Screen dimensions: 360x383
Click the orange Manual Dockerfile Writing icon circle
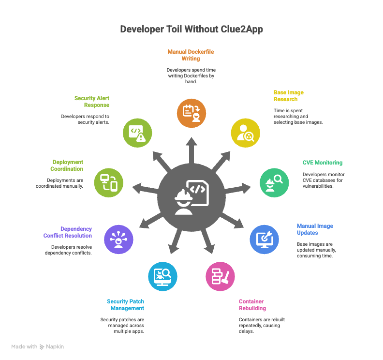click(191, 113)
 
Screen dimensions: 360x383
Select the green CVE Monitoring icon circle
click(273, 182)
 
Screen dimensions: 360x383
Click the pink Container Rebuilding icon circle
click(221, 276)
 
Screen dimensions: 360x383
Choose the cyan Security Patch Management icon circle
click(162, 276)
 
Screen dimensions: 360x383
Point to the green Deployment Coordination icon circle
click(108, 182)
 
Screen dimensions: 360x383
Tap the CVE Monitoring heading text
click(322, 163)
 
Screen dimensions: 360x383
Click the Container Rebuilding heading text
click(252, 305)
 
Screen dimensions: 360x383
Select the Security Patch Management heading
click(125, 305)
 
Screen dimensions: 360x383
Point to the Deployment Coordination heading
click(67, 165)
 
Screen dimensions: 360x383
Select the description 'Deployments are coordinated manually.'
click(59, 183)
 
